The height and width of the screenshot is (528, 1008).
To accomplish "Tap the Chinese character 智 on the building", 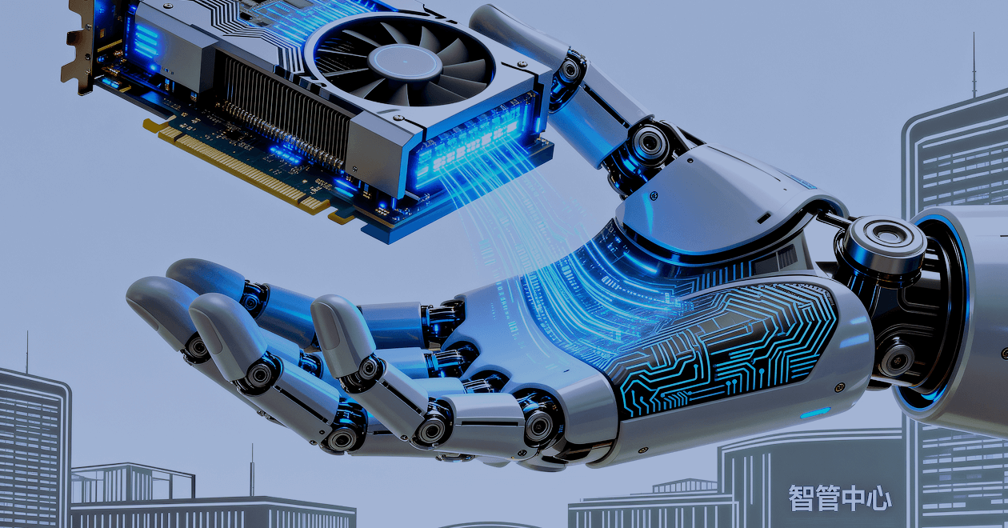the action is tap(802, 498).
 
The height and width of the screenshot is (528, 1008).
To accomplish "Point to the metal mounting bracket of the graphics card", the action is tap(80, 50).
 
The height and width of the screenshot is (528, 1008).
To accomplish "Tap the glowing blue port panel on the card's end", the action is tap(473, 144).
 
